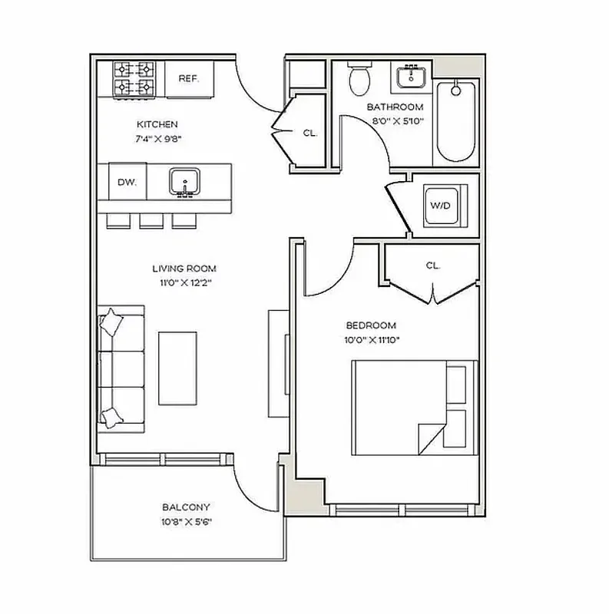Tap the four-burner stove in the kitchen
[x=134, y=78]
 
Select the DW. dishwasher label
[x=127, y=182]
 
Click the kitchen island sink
[x=184, y=182]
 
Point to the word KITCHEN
[x=157, y=124]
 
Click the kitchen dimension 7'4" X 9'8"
[x=157, y=139]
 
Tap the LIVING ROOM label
[x=184, y=269]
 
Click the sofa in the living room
[x=119, y=368]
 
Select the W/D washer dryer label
[x=441, y=206]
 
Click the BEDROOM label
[x=371, y=325]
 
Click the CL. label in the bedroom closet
[x=432, y=266]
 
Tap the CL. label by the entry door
[x=309, y=133]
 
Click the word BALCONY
[x=186, y=507]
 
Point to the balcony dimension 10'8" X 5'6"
[x=186, y=522]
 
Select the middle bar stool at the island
[x=151, y=220]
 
